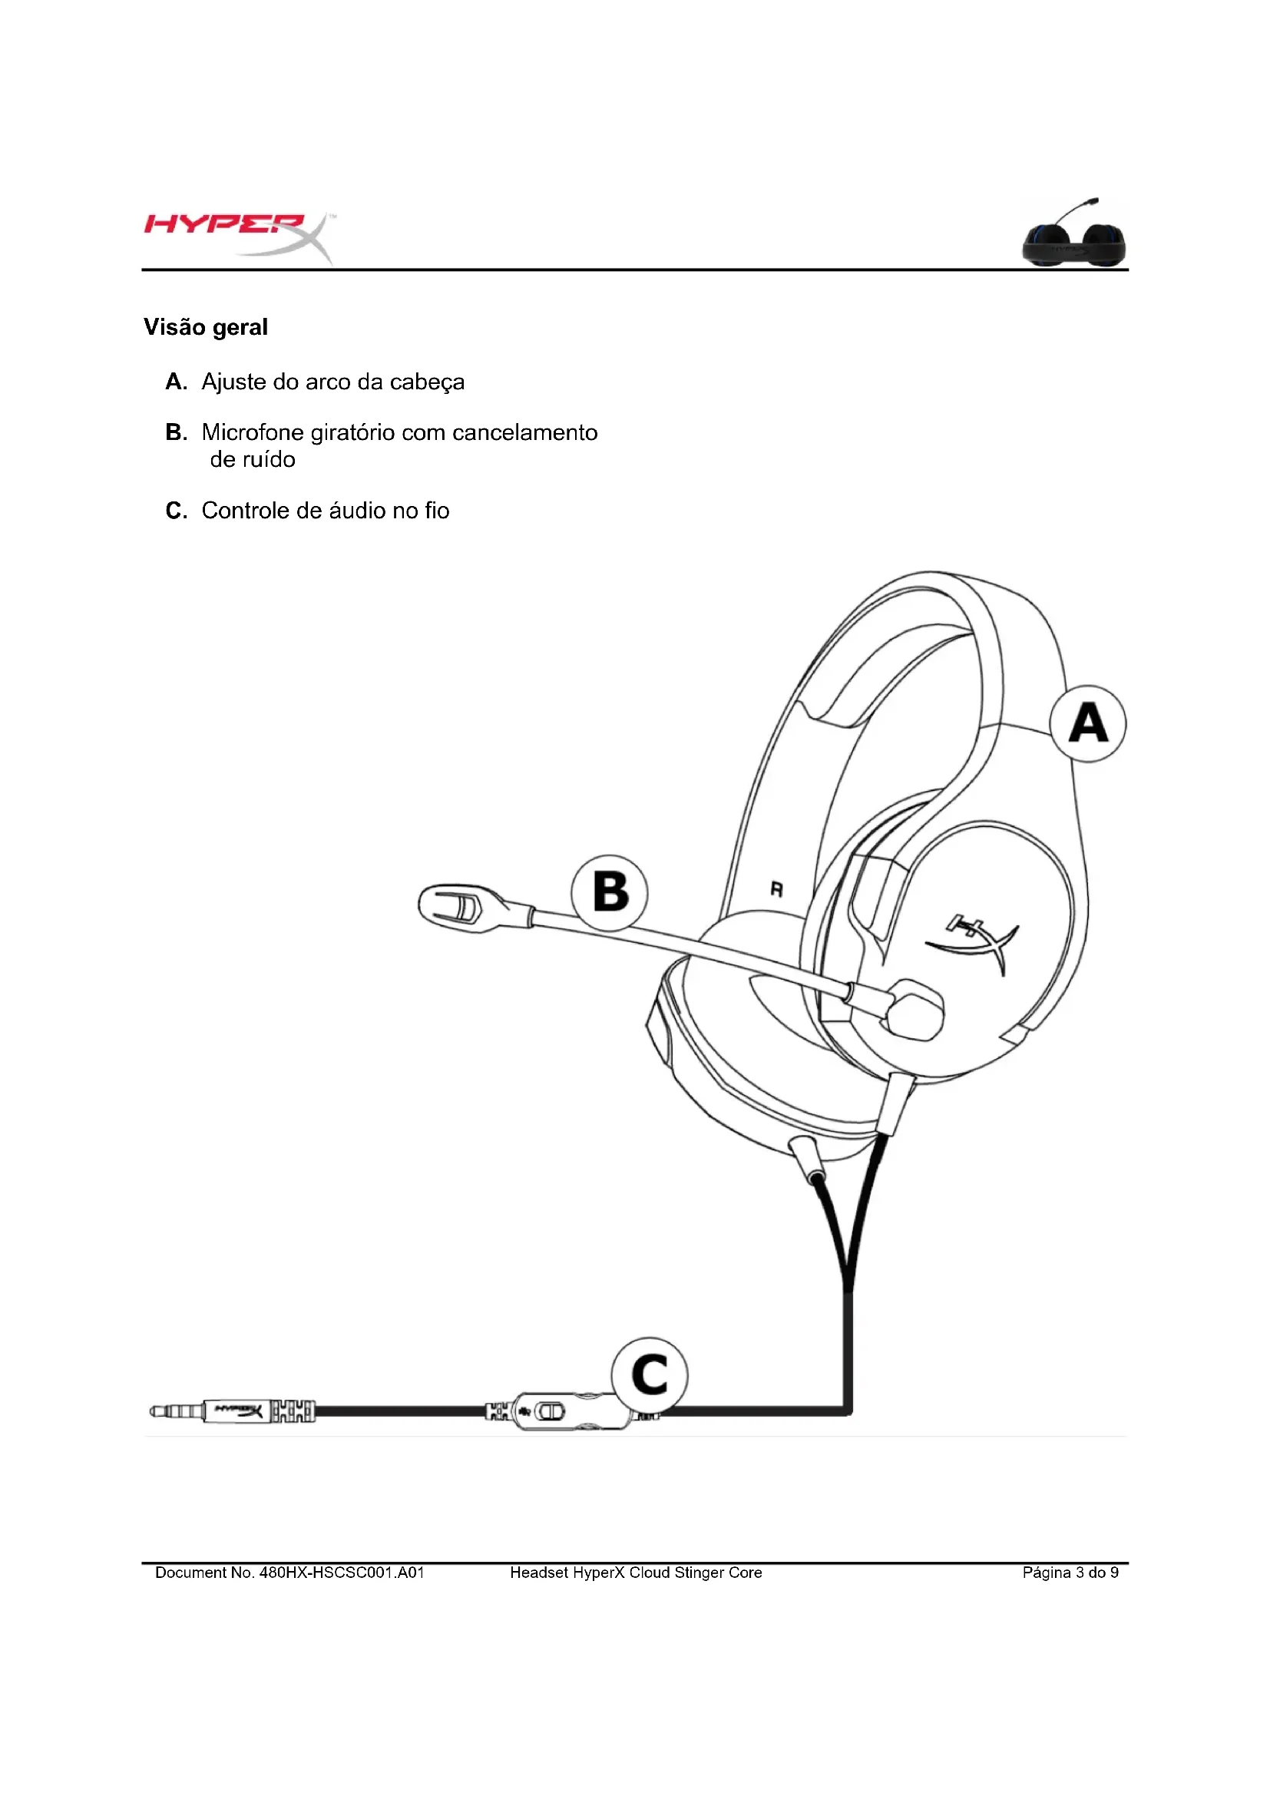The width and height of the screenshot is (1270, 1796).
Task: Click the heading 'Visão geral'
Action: [x=206, y=327]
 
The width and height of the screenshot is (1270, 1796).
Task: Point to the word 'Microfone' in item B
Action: [x=253, y=432]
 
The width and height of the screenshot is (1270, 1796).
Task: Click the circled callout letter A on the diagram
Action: [x=1088, y=723]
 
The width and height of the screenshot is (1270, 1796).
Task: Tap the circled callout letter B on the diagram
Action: [x=610, y=891]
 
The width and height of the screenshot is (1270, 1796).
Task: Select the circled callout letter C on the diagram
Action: [x=650, y=1374]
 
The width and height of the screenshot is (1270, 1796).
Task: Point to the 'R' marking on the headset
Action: [x=776, y=889]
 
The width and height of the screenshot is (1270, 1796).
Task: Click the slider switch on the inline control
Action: [x=550, y=1412]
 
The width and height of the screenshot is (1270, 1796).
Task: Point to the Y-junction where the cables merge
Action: [x=848, y=1287]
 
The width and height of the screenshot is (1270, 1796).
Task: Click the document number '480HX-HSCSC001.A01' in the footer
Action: [x=342, y=1573]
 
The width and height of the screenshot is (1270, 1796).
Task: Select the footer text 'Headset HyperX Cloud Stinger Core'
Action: [x=636, y=1573]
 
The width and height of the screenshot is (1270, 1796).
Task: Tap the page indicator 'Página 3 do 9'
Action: [x=1070, y=1573]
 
